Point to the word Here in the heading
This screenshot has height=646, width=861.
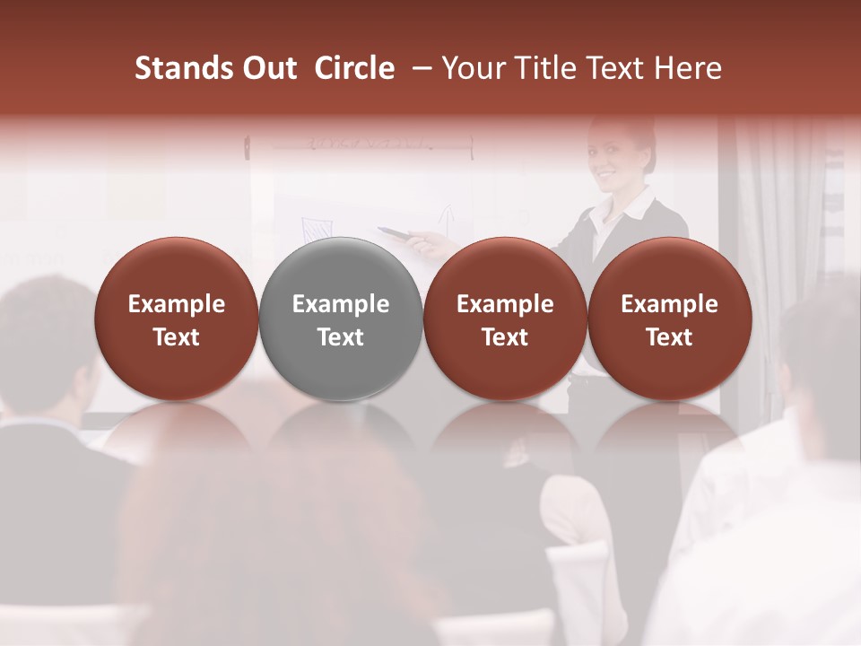click(x=690, y=68)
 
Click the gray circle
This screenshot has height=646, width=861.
click(x=341, y=319)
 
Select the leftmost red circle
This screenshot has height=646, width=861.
click(x=177, y=319)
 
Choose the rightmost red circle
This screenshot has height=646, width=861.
click(x=669, y=319)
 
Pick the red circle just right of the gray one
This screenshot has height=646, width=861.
click(x=505, y=319)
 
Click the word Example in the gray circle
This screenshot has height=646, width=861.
click(x=341, y=304)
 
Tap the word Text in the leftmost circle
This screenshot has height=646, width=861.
click(x=177, y=337)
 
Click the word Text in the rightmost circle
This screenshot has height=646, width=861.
click(x=669, y=337)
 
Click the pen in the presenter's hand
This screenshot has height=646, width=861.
click(x=395, y=233)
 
